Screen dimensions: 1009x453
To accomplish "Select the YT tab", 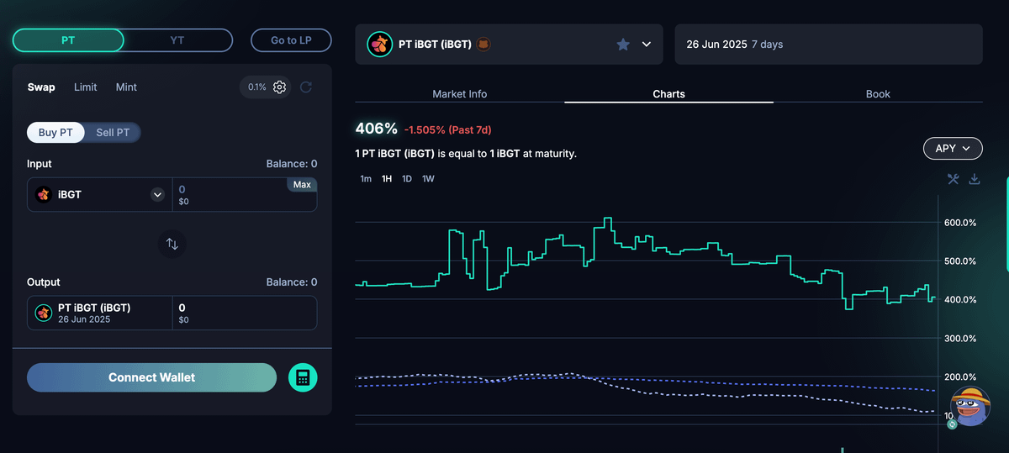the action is tap(177, 40).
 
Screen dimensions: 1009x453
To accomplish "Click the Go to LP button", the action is tap(291, 40).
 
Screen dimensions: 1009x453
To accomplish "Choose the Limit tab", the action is tap(85, 87).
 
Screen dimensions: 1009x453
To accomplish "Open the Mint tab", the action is tap(126, 87).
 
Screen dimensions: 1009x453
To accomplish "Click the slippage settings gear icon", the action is tap(279, 87).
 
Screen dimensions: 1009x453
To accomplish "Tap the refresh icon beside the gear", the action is tap(306, 87).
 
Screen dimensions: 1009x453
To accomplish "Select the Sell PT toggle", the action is tap(113, 133).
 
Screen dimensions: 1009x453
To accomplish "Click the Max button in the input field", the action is tap(302, 185).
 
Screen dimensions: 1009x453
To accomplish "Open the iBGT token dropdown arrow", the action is tap(157, 194).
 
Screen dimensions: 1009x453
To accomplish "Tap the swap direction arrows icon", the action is tap(172, 244).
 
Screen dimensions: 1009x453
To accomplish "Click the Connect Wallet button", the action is tap(152, 377).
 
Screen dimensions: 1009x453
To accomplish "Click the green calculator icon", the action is tap(303, 377).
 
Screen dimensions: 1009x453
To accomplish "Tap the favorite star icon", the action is tap(623, 45).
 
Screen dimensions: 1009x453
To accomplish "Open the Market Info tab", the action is tap(459, 93).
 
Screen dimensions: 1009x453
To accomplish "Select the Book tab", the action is tap(878, 93).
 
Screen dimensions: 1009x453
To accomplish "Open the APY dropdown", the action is tap(953, 148).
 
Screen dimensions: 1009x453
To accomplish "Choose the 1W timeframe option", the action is tap(428, 179).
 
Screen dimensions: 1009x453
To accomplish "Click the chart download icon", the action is tap(975, 179).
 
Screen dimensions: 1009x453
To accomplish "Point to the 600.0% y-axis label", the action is tap(960, 223).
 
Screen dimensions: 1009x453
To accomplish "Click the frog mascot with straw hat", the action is tap(970, 406).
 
